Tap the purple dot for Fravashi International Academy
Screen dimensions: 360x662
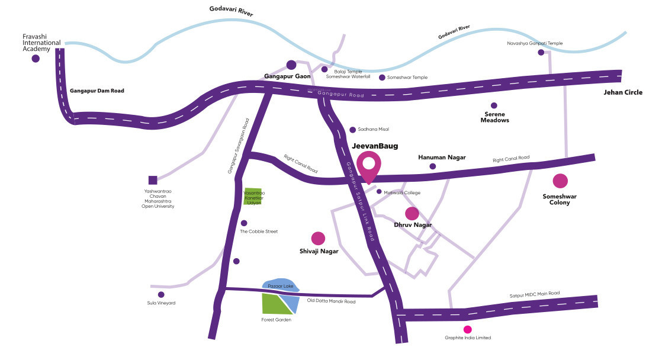[36, 59]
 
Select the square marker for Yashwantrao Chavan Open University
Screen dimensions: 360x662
[153, 180]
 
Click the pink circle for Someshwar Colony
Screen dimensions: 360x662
[560, 181]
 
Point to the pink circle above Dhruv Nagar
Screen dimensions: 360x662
[412, 213]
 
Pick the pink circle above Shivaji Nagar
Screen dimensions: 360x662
[318, 238]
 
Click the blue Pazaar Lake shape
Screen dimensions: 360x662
[280, 285]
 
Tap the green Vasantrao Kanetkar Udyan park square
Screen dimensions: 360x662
[253, 195]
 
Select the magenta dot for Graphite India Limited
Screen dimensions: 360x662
[467, 329]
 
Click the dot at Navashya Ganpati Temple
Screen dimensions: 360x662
[541, 52]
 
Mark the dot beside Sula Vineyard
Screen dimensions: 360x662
[160, 294]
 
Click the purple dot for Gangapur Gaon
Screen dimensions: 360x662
[291, 65]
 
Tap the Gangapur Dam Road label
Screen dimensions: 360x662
[97, 91]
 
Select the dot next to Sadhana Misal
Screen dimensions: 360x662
[352, 130]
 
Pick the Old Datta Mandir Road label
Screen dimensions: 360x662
[331, 301]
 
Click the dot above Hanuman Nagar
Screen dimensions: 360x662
[432, 166]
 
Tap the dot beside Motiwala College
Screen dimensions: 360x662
[379, 192]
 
